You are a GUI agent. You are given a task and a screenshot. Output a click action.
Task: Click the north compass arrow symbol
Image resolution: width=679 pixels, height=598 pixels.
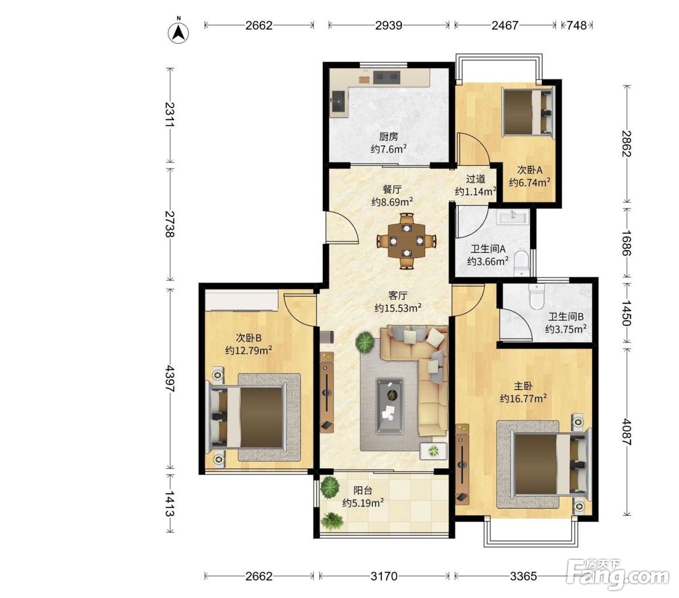pyautogui.click(x=178, y=32)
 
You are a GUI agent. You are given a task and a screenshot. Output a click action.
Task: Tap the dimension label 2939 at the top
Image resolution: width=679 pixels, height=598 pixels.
pyautogui.click(x=388, y=25)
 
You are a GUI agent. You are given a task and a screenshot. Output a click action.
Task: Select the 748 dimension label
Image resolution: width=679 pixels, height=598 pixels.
pyautogui.click(x=577, y=25)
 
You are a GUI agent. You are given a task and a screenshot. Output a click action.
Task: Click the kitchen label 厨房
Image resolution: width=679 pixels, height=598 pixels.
pyautogui.click(x=388, y=137)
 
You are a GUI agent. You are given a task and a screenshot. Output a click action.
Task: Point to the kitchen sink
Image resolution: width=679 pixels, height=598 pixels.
pyautogui.click(x=338, y=103)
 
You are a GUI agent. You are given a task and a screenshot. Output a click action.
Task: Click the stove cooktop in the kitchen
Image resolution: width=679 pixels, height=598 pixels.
pyautogui.click(x=386, y=77)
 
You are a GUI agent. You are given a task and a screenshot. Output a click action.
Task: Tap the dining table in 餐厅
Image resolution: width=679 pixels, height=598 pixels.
pyautogui.click(x=406, y=240)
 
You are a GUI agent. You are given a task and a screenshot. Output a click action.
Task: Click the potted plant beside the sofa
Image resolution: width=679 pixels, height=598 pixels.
pyautogui.click(x=365, y=342)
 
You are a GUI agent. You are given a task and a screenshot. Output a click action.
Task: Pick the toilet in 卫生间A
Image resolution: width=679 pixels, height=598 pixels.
pyautogui.click(x=521, y=264)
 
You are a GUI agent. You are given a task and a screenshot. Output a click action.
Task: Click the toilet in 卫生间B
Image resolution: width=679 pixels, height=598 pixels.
pyautogui.click(x=536, y=296)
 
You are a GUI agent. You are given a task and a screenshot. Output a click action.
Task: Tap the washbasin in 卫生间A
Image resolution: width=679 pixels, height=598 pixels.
pyautogui.click(x=513, y=216)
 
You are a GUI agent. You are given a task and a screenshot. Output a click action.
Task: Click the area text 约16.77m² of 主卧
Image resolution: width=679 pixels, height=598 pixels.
pyautogui.click(x=523, y=398)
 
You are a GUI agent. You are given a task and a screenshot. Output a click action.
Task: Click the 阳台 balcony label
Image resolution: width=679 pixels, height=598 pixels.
pyautogui.click(x=363, y=490)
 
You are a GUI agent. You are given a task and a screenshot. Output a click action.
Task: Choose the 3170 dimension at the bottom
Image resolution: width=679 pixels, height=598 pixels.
pyautogui.click(x=384, y=576)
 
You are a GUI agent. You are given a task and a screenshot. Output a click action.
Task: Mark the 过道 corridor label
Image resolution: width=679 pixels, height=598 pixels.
pyautogui.click(x=475, y=178)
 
